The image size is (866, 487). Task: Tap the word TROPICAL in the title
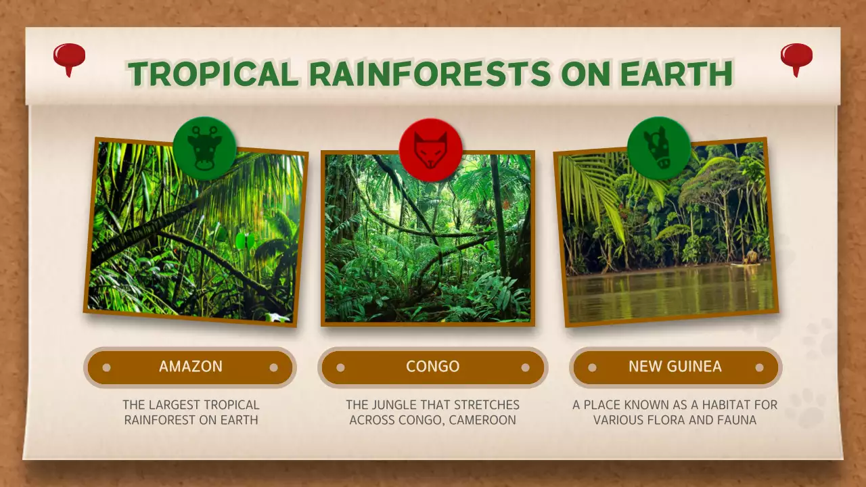coord(213,74)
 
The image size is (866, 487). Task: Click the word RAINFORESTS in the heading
coord(430,74)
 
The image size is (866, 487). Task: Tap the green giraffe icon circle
coord(204,148)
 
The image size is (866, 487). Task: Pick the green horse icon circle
coord(658,148)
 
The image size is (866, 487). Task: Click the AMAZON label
coord(190,367)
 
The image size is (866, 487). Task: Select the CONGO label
coord(432,367)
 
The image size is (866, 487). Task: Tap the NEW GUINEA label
coord(675,367)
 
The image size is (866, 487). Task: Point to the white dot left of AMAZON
coord(106,368)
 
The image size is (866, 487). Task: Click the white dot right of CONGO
coord(525,368)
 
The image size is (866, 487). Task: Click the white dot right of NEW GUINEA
coord(759,368)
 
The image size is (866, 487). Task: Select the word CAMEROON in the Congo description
coord(484,420)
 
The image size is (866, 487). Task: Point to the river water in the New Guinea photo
coord(670,294)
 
